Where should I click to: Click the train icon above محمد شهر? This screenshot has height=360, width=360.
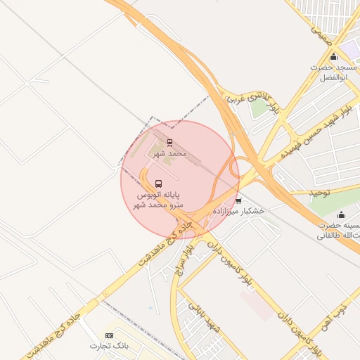click(169, 142)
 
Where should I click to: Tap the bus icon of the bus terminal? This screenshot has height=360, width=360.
click(157, 183)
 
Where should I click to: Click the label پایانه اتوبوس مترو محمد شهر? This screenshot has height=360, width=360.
click(158, 198)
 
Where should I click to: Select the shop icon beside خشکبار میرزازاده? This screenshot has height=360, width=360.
click(239, 200)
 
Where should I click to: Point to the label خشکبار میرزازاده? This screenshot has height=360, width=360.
click(243, 211)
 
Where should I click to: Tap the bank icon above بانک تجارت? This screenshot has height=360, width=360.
click(109, 336)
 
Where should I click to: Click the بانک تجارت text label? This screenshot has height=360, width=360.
click(110, 346)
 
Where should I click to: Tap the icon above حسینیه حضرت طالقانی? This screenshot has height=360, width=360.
click(342, 215)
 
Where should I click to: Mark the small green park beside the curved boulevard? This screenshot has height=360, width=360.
click(259, 107)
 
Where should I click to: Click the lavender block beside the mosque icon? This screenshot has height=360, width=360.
click(349, 50)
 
